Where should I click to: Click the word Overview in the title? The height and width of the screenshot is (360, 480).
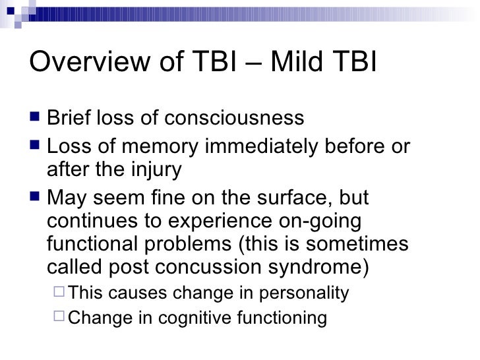tap(90, 61)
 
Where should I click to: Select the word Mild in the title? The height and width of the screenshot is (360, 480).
tap(297, 61)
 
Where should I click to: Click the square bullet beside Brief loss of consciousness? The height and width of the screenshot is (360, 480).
tap(35, 117)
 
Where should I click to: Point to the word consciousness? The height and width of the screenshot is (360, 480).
tap(234, 117)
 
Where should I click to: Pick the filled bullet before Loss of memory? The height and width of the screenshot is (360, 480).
tap(35, 144)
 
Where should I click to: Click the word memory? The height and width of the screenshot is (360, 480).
tap(160, 147)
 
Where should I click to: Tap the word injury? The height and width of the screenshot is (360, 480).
tap(156, 170)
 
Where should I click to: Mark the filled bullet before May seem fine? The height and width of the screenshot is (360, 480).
tap(35, 196)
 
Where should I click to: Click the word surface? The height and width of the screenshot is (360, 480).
tap(295, 198)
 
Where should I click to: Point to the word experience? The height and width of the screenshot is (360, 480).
tap(220, 222)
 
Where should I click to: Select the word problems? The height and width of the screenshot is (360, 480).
tap(188, 244)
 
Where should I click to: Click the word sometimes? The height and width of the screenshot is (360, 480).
tap(357, 244)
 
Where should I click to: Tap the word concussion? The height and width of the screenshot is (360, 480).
tap(208, 267)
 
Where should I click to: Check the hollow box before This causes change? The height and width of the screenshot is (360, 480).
tap(59, 291)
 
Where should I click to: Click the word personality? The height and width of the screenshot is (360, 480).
tap(304, 293)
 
